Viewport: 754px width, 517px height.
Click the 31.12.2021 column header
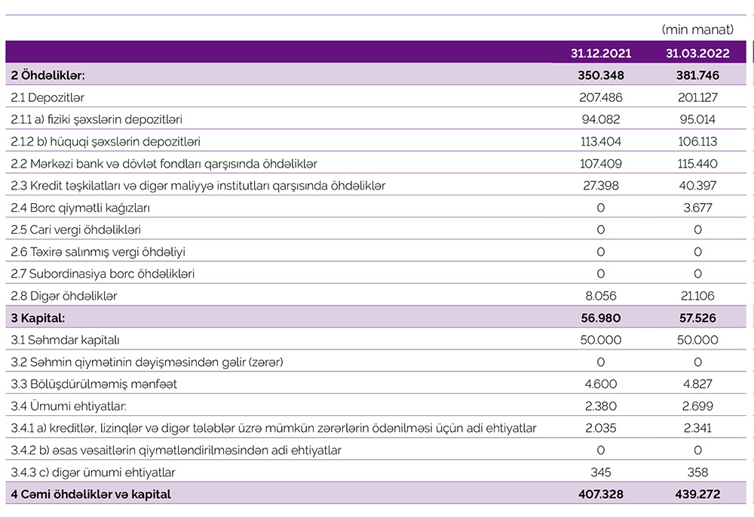pos(601,54)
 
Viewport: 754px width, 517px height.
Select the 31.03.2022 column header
pos(697,54)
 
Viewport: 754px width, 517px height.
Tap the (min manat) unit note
pos(697,30)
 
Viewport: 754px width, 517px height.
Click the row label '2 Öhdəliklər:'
pos(48,75)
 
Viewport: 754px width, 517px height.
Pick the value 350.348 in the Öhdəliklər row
pos(601,75)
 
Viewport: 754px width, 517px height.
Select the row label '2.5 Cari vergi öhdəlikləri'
pos(76,229)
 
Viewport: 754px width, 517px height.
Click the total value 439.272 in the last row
pos(697,494)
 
